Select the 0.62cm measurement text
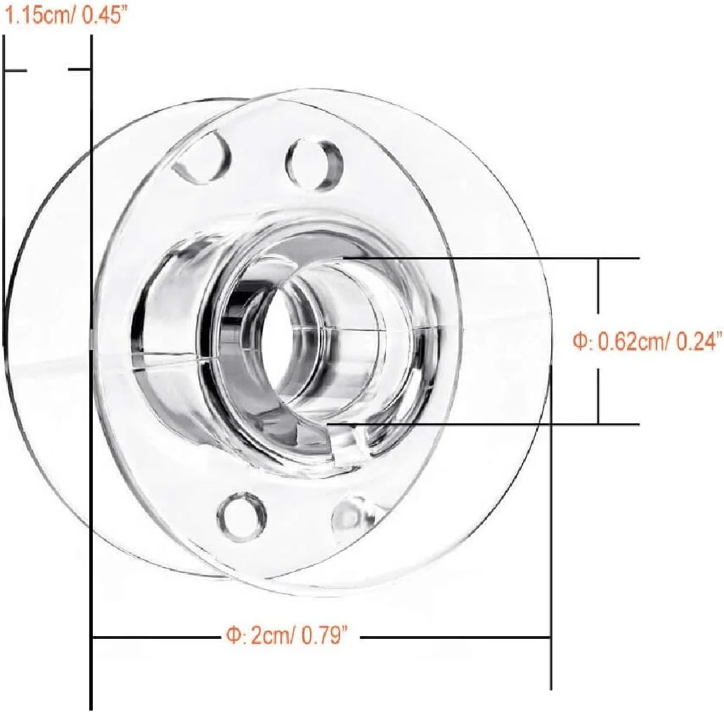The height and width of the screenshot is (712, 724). coord(631,342)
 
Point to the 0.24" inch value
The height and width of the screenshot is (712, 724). coord(698,342)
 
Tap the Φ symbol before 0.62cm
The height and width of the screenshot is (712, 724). coord(579,342)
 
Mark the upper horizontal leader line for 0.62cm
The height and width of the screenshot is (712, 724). coord(492,259)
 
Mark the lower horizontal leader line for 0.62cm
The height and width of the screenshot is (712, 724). coord(492,424)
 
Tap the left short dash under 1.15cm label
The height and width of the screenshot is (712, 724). coord(16,70)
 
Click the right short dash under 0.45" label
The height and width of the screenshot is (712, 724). coord(79,70)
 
